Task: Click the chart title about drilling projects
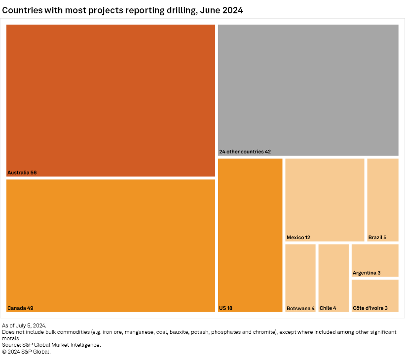click(x=123, y=10)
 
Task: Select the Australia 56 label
click(x=22, y=173)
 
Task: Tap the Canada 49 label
click(x=20, y=308)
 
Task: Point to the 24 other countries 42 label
click(x=245, y=152)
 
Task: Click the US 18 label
click(x=225, y=308)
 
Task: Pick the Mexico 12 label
click(x=298, y=237)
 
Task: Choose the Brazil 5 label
click(x=377, y=237)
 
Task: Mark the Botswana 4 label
click(x=300, y=308)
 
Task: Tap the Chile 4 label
click(x=328, y=308)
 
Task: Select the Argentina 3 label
click(x=367, y=273)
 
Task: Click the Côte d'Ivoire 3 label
click(x=370, y=308)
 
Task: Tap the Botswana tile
click(x=300, y=274)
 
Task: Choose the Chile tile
click(x=333, y=274)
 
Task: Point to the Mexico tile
click(x=325, y=197)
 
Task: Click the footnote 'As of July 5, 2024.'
click(x=24, y=325)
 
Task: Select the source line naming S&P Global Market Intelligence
click(x=51, y=345)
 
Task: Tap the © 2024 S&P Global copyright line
click(x=26, y=352)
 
